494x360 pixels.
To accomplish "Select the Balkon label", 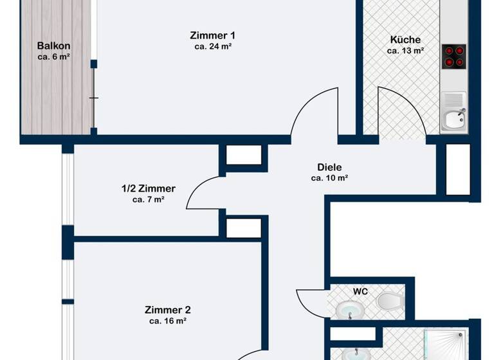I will click(53, 46).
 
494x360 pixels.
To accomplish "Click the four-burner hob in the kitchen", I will click(454, 57).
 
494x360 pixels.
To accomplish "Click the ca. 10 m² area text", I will click(329, 178).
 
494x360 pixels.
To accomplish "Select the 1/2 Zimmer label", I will click(148, 188).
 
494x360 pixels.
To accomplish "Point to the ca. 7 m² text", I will click(148, 200).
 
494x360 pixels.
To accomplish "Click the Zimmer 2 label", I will click(167, 309).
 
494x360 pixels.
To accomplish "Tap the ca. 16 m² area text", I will click(167, 321).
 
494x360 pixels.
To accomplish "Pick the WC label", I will click(360, 291).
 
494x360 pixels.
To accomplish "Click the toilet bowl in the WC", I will click(389, 301).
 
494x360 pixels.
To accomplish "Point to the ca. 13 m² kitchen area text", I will click(405, 50).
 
